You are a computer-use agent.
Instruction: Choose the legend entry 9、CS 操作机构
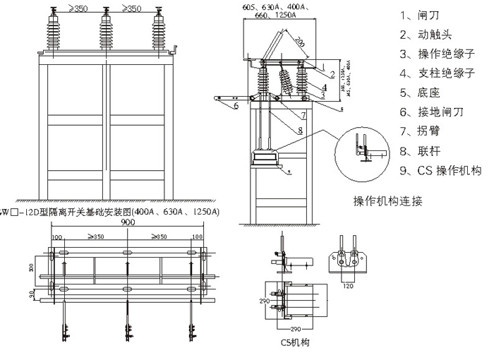click(x=440, y=170)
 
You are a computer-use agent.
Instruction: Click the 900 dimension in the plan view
click(x=128, y=222)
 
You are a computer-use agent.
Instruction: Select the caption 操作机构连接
click(x=387, y=200)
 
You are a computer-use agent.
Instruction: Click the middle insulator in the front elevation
click(x=107, y=33)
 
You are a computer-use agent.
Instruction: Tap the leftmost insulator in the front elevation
click(x=53, y=33)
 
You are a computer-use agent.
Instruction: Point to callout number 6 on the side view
click(x=236, y=105)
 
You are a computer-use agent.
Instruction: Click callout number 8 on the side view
click(x=299, y=130)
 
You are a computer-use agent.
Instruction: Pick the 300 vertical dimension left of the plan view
click(x=30, y=268)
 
